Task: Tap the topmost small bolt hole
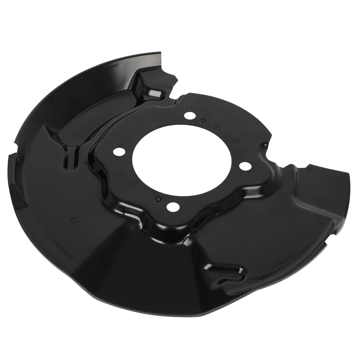(189, 115)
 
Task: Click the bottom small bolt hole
(173, 207)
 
